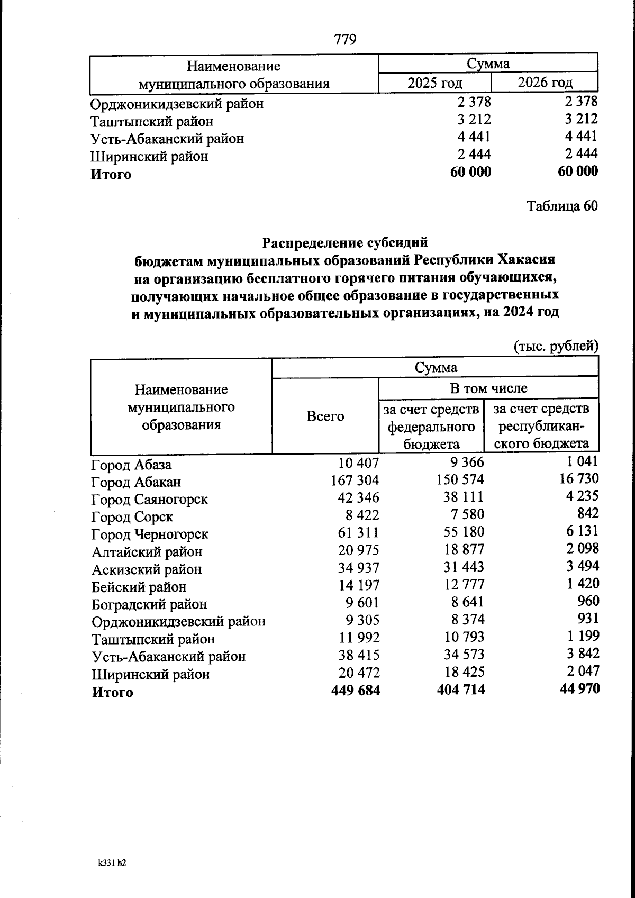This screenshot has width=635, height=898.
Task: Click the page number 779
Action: (346, 40)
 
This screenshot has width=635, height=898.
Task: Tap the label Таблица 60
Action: (562, 206)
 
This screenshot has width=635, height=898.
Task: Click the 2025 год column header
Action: (434, 83)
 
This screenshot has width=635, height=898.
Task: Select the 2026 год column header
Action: (545, 83)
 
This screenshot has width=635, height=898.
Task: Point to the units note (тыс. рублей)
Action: (556, 347)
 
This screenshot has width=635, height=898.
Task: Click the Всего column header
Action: (325, 416)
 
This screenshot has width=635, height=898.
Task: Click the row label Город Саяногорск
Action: (150, 500)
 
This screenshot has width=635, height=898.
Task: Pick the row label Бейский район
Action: (139, 587)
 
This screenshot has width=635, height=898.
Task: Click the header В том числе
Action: (488, 388)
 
